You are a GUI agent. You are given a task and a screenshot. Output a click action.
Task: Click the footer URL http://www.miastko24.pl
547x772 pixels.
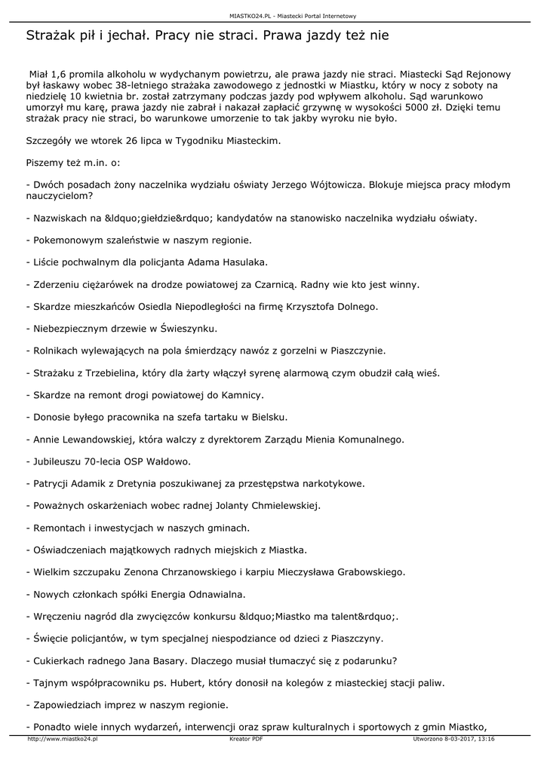coord(63,740)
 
